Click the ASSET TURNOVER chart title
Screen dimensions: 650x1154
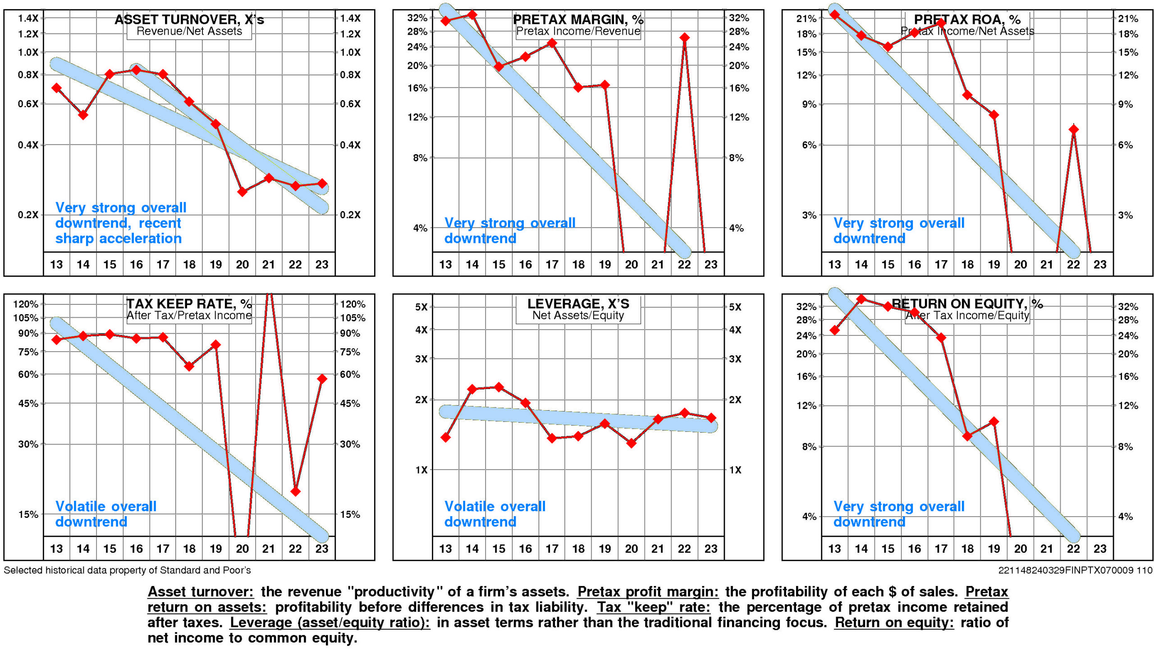click(x=189, y=19)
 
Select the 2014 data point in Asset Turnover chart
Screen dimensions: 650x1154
click(x=83, y=115)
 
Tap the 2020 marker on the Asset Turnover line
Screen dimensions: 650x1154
click(x=242, y=192)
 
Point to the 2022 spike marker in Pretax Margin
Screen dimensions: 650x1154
click(x=684, y=37)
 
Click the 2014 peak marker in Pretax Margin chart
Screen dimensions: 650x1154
click(x=472, y=15)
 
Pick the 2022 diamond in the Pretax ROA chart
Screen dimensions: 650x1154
click(x=1073, y=130)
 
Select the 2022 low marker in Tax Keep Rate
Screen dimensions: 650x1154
click(x=295, y=491)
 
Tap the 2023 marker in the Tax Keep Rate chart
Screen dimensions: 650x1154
click(x=322, y=379)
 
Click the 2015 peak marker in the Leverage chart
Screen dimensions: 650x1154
click(x=499, y=387)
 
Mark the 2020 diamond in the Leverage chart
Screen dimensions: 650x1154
click(x=631, y=443)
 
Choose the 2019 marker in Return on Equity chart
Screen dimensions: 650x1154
click(x=994, y=422)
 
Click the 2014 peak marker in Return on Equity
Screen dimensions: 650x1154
click(x=861, y=299)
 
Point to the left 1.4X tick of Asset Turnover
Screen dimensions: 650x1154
click(x=28, y=18)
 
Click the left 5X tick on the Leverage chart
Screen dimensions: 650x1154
click(x=421, y=307)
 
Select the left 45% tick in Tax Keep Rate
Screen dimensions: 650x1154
click(x=28, y=403)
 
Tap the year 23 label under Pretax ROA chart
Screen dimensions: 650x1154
click(x=1100, y=265)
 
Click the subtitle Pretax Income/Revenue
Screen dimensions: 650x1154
click(x=578, y=31)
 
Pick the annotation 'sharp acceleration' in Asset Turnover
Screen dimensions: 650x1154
click(x=118, y=238)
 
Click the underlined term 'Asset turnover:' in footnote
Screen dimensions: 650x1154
click(x=201, y=591)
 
